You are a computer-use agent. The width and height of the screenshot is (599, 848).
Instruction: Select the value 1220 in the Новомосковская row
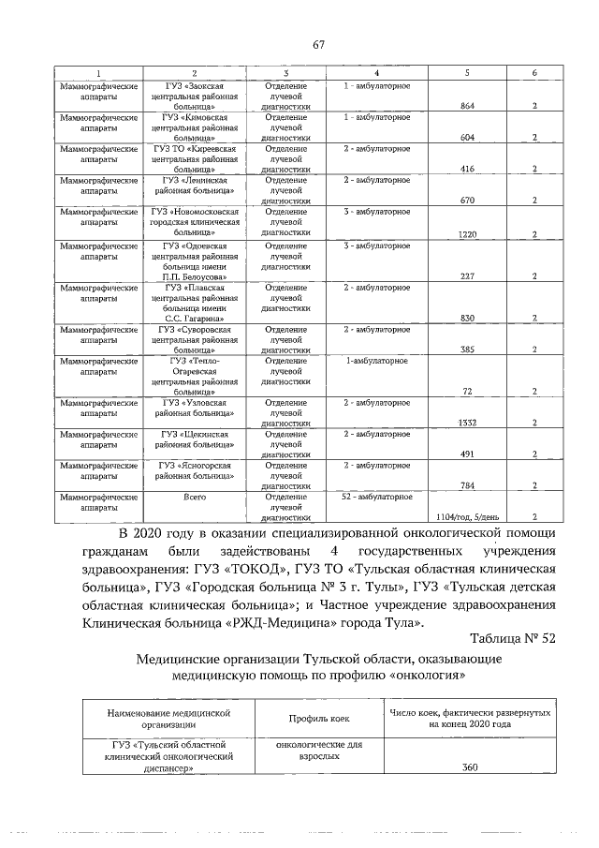click(x=469, y=234)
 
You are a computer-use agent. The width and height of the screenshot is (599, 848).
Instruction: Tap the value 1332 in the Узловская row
click(x=467, y=423)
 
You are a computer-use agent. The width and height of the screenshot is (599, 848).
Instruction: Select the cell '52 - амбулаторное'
click(x=376, y=496)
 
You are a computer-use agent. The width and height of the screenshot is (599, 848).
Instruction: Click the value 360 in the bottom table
click(x=470, y=768)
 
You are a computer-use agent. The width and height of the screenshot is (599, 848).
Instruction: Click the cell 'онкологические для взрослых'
click(x=320, y=752)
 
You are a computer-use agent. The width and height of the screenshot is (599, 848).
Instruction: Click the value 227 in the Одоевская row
click(x=469, y=275)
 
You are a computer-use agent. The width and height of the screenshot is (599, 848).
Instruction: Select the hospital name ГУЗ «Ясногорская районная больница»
click(x=195, y=470)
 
